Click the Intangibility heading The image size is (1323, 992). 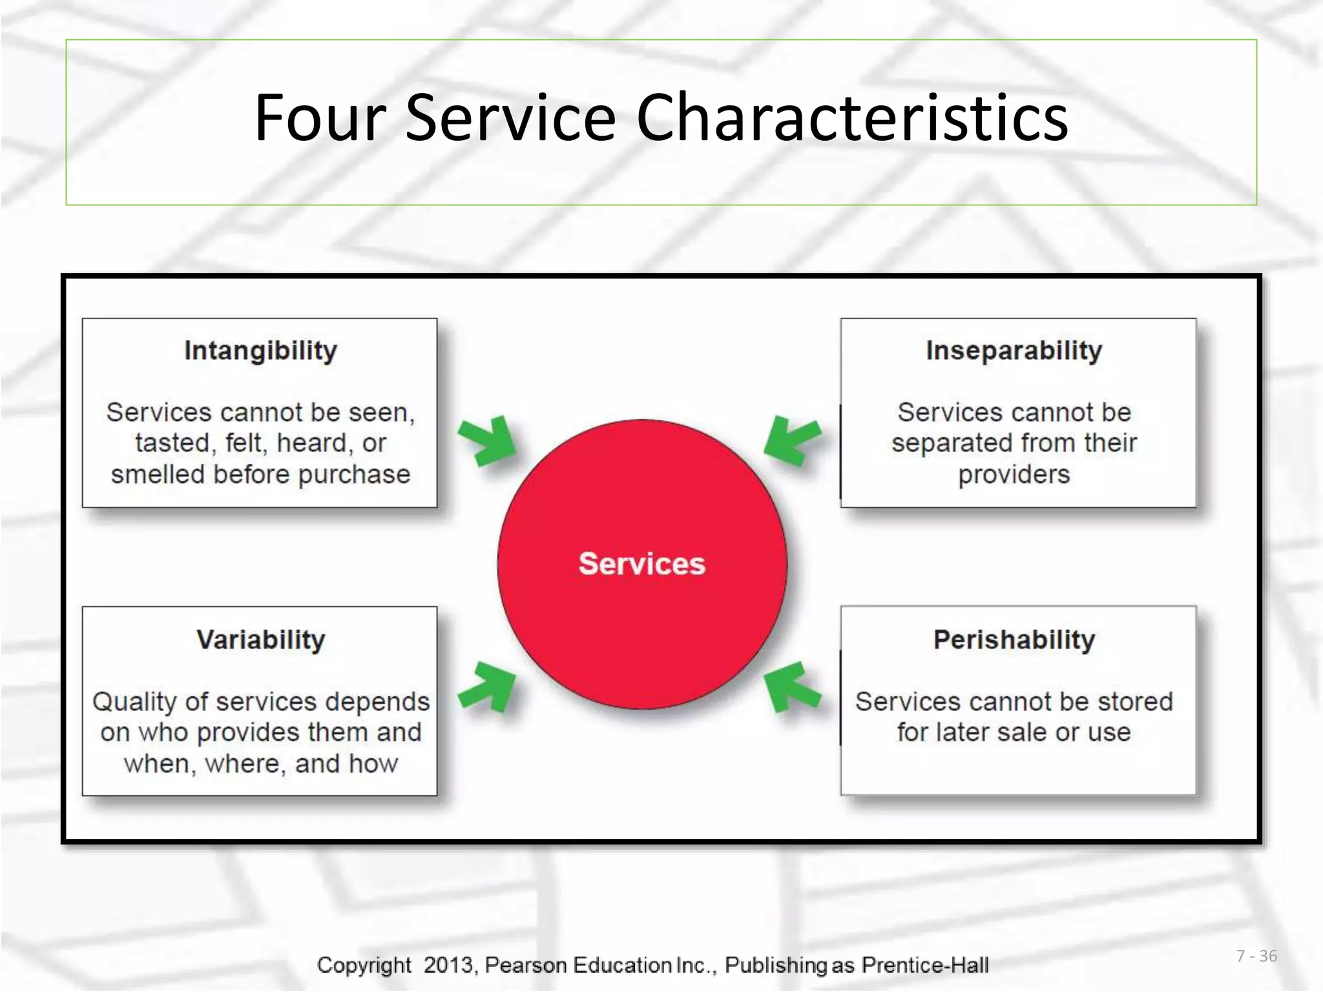[260, 351]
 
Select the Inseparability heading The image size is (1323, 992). [1014, 351]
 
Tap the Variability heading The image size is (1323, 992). [260, 640]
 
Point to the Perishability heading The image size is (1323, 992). [1014, 640]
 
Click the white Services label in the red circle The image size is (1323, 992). [641, 564]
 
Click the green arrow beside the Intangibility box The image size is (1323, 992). [488, 441]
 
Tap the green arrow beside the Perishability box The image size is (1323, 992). [792, 687]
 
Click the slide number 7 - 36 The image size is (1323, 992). [1256, 956]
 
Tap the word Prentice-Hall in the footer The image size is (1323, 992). [925, 965]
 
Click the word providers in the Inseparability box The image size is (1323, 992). [1014, 475]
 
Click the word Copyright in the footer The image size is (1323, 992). [364, 965]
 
